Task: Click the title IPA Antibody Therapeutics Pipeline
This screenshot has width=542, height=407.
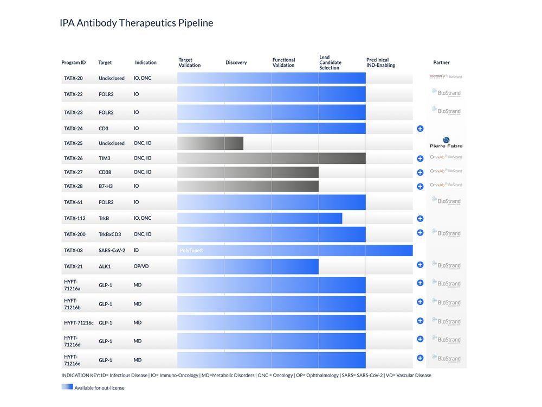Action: [136, 23]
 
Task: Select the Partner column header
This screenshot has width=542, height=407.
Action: [441, 62]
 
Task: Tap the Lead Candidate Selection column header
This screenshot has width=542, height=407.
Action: [330, 62]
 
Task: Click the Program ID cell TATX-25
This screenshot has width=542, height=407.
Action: [73, 143]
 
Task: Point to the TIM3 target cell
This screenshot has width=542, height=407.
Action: [105, 158]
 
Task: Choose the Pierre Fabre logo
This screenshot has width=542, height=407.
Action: [446, 143]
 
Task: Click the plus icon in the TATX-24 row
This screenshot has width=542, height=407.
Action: [420, 129]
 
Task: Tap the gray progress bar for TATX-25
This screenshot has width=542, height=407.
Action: [210, 143]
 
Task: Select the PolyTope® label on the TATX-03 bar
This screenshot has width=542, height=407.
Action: [191, 251]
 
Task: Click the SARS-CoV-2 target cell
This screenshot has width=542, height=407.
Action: [112, 251]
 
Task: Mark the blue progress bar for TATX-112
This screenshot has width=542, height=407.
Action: [260, 218]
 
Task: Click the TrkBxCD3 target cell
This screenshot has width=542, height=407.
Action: [109, 234]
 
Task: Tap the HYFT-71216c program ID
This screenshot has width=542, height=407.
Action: [79, 323]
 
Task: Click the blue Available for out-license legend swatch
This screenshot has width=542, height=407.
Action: [67, 387]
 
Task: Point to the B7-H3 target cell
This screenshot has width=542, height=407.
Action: [107, 186]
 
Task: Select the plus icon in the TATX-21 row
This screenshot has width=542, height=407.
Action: [420, 265]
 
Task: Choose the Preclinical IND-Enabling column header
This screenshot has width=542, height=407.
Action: [380, 62]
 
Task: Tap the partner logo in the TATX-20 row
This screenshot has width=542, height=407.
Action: [446, 77]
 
